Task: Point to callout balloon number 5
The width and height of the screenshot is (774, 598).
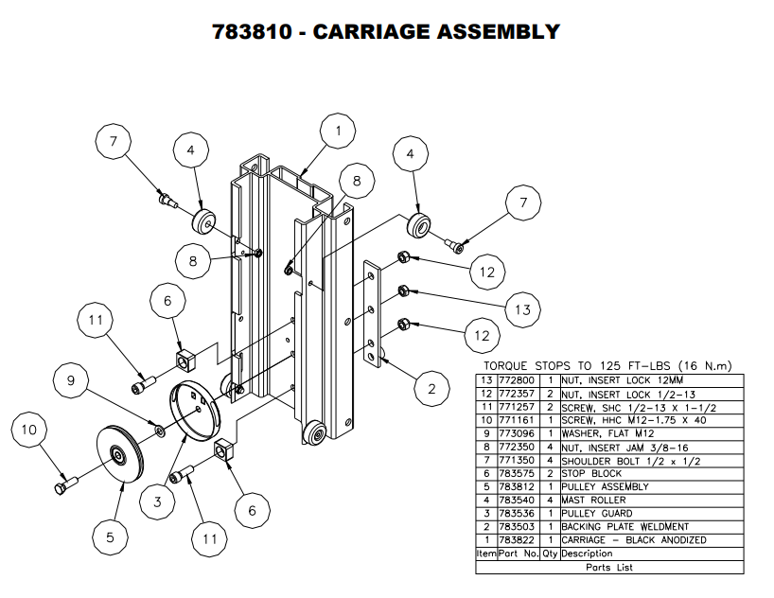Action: click(x=109, y=537)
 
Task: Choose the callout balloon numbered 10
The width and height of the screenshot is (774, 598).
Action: click(x=28, y=431)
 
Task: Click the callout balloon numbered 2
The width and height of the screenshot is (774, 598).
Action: click(x=431, y=388)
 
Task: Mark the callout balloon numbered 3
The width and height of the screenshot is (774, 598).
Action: click(x=157, y=502)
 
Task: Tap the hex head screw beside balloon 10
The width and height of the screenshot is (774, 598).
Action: click(x=64, y=485)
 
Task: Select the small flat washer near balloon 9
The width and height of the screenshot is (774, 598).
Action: click(x=159, y=432)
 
